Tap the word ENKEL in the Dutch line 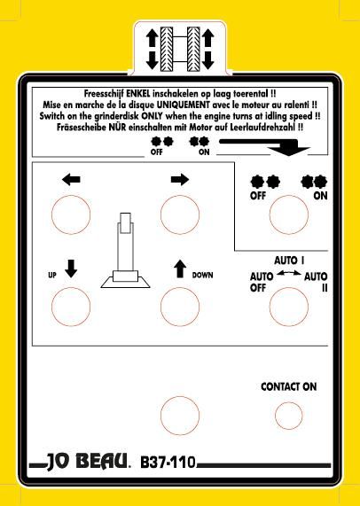137,94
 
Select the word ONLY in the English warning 153,116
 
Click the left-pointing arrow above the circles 71,179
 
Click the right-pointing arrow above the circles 180,179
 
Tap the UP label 52,276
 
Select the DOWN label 202,276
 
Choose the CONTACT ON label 289,386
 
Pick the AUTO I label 289,261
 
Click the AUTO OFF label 262,282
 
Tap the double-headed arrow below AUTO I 289,273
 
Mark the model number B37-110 168,462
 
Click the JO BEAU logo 87,462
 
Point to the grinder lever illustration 125,250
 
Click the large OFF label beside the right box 258,196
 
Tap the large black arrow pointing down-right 265,147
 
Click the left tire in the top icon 167,49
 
